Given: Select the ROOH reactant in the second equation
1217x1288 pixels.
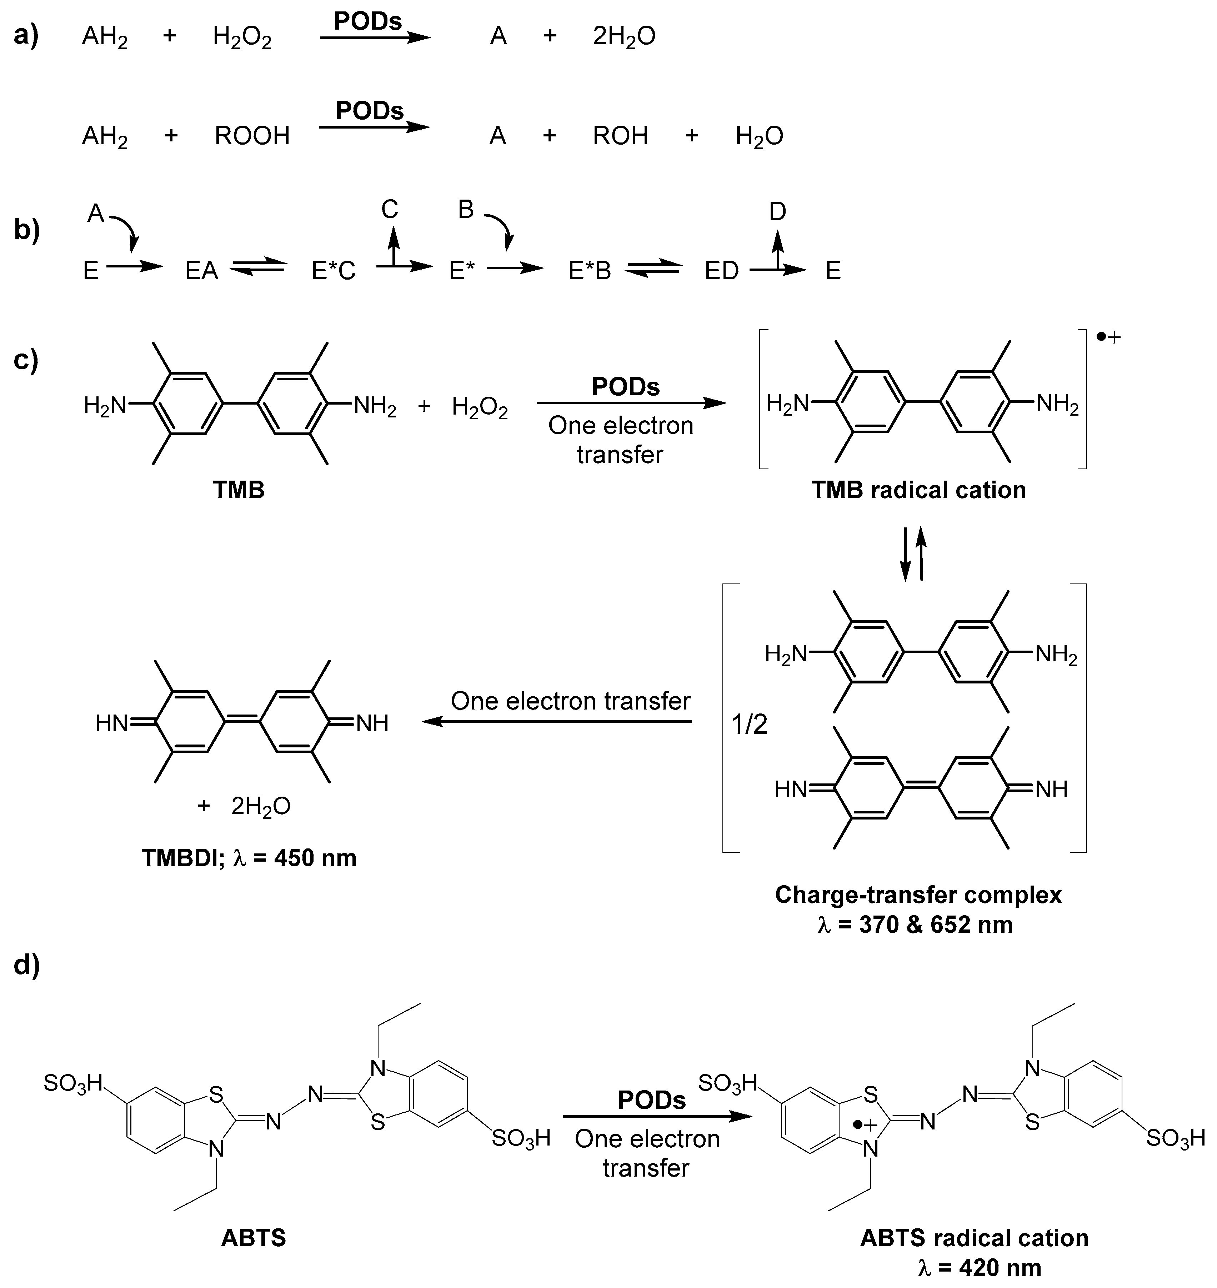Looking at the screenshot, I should point(252,136).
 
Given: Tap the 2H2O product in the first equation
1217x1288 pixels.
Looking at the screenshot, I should point(624,36).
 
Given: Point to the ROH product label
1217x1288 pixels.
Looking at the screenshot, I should point(620,136).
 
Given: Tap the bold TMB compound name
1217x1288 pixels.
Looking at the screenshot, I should point(239,490).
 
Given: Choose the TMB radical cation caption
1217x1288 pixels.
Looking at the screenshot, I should point(918,490).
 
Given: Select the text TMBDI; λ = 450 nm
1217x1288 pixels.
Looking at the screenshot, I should point(249,858).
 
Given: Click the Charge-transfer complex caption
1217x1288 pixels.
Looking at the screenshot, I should point(918,895).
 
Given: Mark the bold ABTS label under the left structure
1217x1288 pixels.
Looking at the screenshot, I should point(254,1238).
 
